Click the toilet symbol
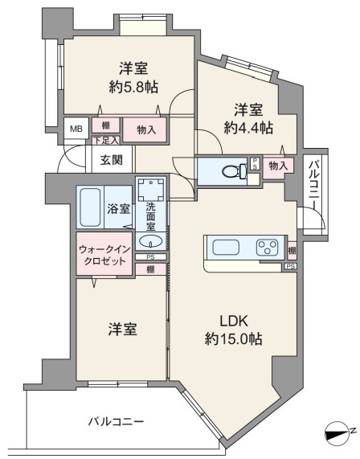click(x=235, y=170)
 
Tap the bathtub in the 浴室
click(x=90, y=207)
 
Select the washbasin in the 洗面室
click(x=150, y=241)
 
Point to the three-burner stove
click(x=268, y=248)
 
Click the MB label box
click(x=76, y=129)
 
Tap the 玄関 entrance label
click(x=112, y=160)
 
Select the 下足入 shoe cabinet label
click(x=106, y=141)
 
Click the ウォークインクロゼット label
click(x=104, y=255)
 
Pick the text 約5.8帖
click(x=133, y=87)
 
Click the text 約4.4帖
click(x=248, y=128)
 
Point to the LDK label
click(x=234, y=321)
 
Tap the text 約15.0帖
click(x=233, y=339)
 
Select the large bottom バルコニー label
click(x=116, y=422)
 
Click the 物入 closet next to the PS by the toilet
click(x=278, y=166)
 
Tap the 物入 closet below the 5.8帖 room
click(x=145, y=129)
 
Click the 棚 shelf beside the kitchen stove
click(x=292, y=251)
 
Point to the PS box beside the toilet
click(x=255, y=164)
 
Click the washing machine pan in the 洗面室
click(x=151, y=190)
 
